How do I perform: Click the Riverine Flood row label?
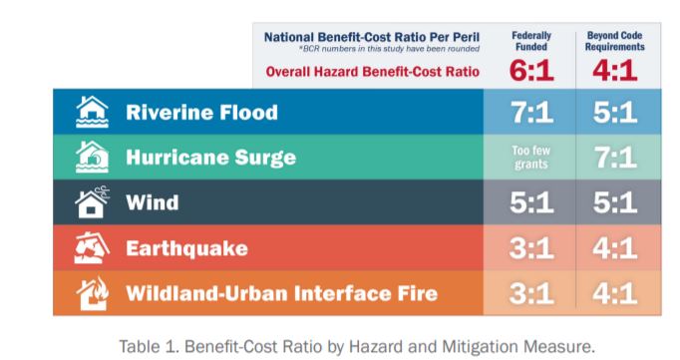coord(201,113)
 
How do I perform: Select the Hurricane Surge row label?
coord(210,158)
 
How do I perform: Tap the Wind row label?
coord(152,202)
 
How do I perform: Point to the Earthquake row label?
coord(186,248)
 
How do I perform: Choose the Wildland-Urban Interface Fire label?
coord(281,293)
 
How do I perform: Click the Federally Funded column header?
coord(530,41)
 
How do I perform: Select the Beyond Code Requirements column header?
coord(614,41)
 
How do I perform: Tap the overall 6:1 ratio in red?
coord(531,70)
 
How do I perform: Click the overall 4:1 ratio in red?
coord(614,70)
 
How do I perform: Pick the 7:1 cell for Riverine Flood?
coord(531,113)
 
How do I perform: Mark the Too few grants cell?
coord(530,158)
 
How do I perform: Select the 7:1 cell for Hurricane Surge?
coord(615,158)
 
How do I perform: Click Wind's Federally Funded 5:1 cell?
coord(531,202)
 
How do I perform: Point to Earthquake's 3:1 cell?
coord(531,248)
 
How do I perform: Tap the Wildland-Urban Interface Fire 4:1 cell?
coord(615,293)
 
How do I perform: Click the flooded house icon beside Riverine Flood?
coord(92,112)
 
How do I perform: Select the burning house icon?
coord(93,293)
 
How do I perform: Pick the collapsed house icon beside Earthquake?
coord(92,247)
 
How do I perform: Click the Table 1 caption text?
coord(357,347)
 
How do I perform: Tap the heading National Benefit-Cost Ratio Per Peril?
coord(372,37)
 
